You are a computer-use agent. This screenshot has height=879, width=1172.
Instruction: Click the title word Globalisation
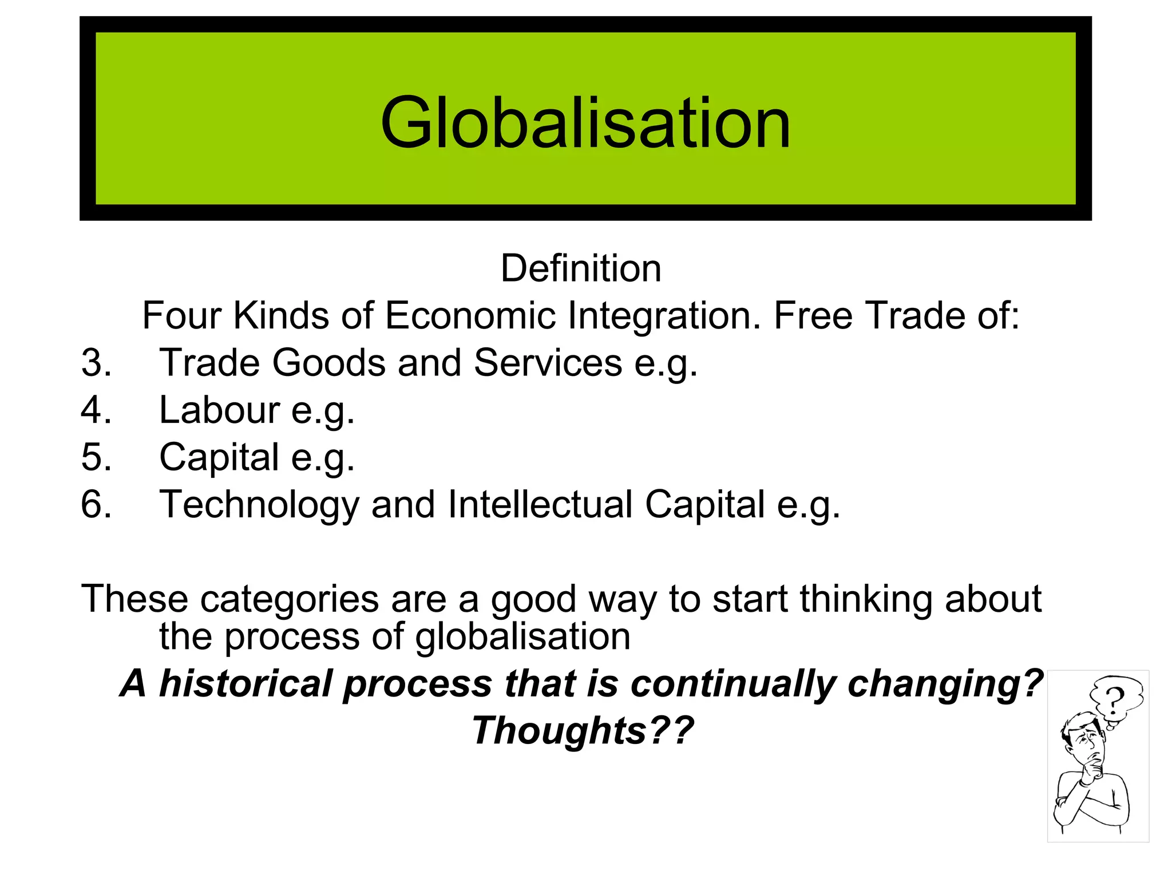coord(585,123)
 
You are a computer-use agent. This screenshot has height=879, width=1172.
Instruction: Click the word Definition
coord(581,268)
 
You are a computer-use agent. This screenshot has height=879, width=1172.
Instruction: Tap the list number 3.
coord(96,363)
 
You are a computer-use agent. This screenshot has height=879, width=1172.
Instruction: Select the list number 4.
coord(96,410)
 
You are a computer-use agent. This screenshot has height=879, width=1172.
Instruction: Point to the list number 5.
coord(96,457)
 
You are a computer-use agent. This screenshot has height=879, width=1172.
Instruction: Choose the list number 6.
coord(96,505)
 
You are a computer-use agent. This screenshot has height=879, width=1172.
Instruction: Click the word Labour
coord(219,410)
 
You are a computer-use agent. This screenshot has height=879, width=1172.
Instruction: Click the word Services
coord(548,363)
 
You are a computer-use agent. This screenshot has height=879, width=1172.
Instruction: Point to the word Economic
coord(470,315)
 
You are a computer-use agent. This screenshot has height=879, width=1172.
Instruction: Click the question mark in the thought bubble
coord(1114,699)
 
